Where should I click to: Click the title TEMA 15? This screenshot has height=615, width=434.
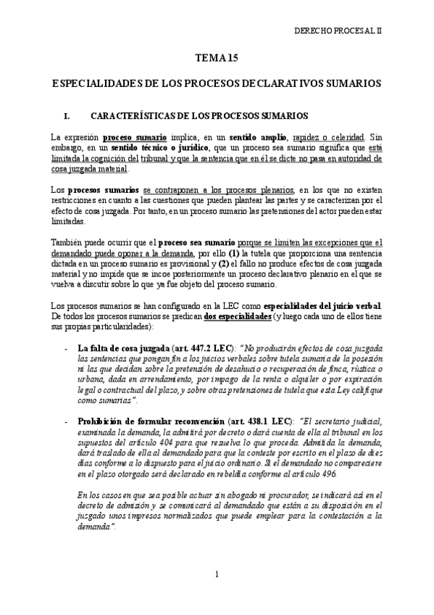pyautogui.click(x=216, y=59)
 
